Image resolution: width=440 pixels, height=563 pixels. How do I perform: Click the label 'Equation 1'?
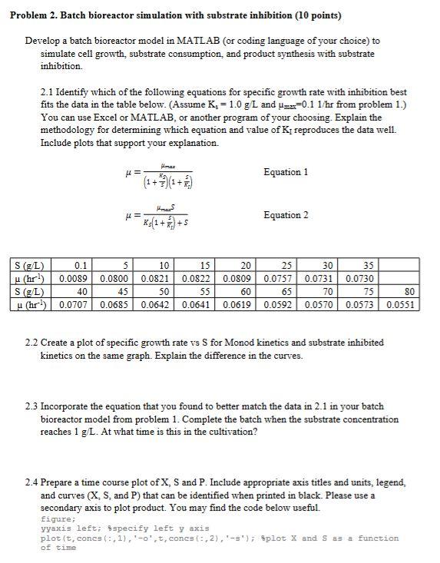(x=286, y=172)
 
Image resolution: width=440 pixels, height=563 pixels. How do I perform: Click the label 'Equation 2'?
(x=286, y=215)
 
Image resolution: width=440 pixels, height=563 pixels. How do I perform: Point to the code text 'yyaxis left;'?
(x=68, y=528)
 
